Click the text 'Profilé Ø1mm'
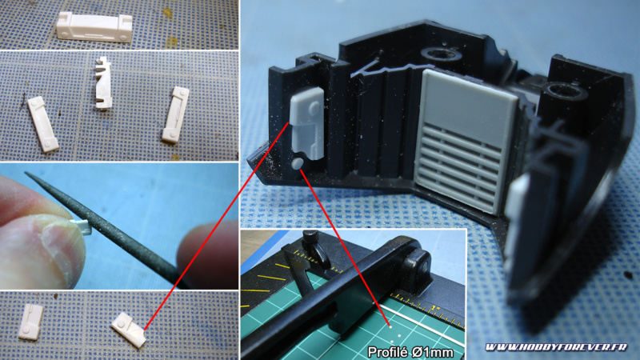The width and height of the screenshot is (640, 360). (410, 352)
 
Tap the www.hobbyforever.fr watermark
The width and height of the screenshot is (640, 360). (556, 347)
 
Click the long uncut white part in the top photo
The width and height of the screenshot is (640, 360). (94, 27)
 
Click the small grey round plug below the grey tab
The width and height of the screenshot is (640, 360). (298, 164)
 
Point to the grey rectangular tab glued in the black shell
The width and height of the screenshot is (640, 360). (307, 124)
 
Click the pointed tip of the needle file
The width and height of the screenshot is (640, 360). (26, 173)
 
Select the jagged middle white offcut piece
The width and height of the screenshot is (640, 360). (103, 83)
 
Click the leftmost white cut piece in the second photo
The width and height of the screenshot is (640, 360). (42, 124)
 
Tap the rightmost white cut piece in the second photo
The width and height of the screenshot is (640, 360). (175, 114)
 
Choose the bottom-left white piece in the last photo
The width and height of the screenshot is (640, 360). (30, 322)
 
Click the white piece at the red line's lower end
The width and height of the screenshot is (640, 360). (129, 330)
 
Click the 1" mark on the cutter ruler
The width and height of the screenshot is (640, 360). (436, 309)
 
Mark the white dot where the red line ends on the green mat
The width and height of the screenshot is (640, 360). (390, 326)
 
